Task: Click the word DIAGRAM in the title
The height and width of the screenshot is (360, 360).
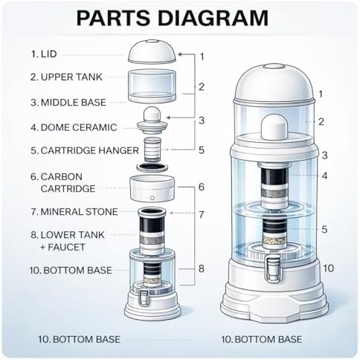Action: [213, 18]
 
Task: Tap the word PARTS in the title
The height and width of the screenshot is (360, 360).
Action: [114, 18]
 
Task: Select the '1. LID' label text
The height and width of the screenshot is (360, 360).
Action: [44, 54]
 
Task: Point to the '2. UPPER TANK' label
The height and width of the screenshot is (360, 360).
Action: [66, 77]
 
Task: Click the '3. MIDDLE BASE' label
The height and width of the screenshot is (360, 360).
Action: [68, 103]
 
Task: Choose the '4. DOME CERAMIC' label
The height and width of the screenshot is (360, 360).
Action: [74, 127]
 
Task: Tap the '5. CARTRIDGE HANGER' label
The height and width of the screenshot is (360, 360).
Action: [85, 150]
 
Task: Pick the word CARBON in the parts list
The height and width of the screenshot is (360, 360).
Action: [62, 177]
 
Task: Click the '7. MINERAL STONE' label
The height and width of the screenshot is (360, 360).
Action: [74, 212]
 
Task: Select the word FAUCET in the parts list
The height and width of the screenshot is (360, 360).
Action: [66, 247]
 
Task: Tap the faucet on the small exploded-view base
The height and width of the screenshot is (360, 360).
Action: [144, 297]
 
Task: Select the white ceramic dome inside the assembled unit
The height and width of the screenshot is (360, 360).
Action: [274, 127]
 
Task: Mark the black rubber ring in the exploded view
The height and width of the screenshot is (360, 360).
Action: [152, 167]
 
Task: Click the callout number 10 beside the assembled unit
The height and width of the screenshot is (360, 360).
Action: [328, 269]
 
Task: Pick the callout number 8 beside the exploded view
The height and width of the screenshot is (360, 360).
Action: [202, 269]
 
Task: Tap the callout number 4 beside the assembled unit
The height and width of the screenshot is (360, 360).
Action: [324, 176]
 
